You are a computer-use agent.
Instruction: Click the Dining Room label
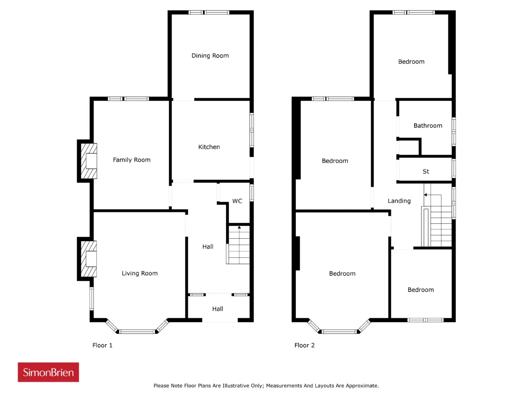click(x=210, y=56)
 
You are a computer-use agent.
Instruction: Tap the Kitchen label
click(x=209, y=147)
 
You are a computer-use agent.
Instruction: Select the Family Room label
click(x=132, y=160)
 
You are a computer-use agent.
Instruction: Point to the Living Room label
click(x=140, y=273)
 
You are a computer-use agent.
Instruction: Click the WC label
click(x=237, y=201)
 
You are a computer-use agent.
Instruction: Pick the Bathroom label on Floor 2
click(x=428, y=126)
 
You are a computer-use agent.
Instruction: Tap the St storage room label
click(x=426, y=172)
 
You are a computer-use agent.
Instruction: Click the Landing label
click(x=399, y=201)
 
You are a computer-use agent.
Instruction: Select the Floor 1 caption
click(x=102, y=345)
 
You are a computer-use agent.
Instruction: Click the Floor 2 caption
click(x=304, y=345)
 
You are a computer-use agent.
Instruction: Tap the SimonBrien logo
click(x=48, y=372)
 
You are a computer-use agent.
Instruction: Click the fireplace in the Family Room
click(x=89, y=161)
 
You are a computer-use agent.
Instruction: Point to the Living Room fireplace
click(x=89, y=259)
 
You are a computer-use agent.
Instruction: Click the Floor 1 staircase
click(x=238, y=245)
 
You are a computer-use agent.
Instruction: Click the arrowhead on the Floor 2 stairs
click(x=425, y=195)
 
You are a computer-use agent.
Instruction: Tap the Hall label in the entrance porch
click(x=217, y=309)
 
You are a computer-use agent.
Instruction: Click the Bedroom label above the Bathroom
click(x=411, y=62)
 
